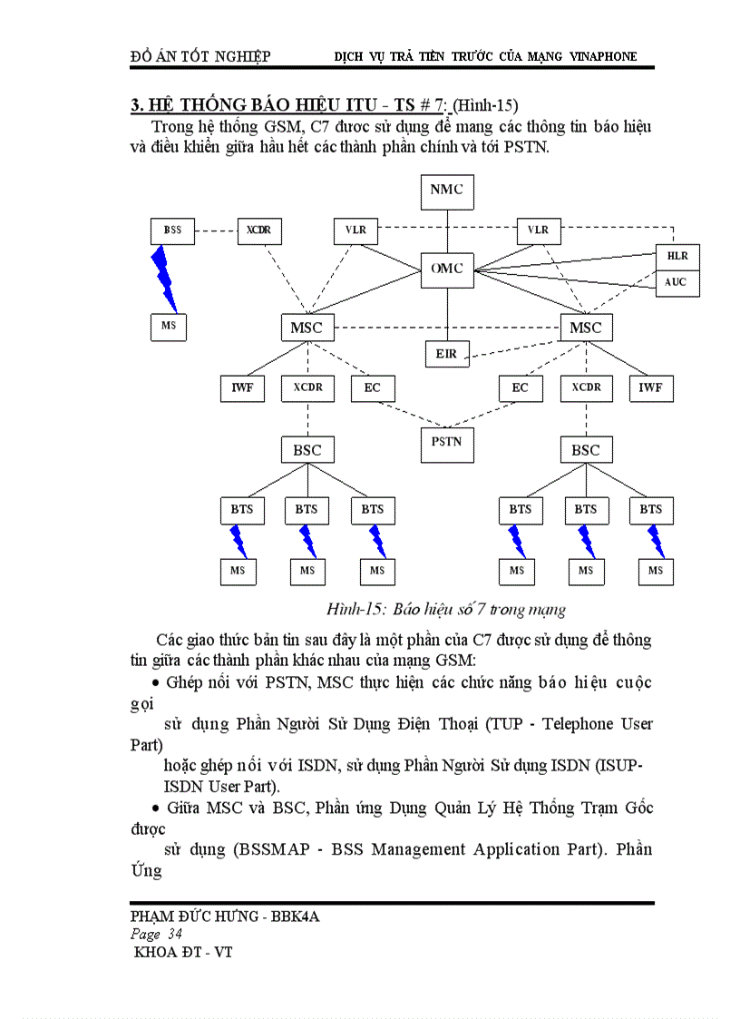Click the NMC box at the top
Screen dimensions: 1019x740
446,190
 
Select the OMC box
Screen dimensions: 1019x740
446,269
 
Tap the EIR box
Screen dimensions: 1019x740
446,353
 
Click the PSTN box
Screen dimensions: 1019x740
446,442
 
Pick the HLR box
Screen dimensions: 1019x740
677,256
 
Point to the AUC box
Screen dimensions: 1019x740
677,282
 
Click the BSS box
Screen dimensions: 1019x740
172,230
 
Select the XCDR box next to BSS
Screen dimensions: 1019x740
259,230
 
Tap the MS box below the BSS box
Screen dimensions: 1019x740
168,326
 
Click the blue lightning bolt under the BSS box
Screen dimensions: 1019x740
164,277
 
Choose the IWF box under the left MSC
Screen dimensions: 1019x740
241,387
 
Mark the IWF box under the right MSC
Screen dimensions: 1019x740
650,387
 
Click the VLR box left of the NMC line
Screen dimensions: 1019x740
355,230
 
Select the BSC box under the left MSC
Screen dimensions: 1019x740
307,450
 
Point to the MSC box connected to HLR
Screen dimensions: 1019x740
586,328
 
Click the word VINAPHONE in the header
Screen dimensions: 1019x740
603,56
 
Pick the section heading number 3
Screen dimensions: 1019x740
136,105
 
